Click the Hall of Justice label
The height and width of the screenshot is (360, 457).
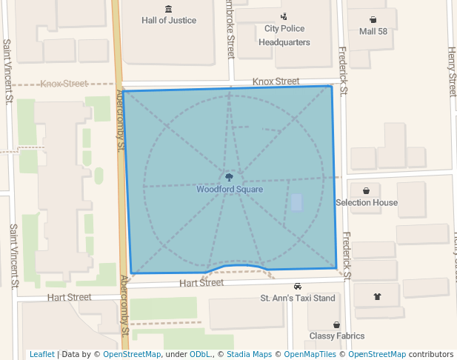coord(169,20)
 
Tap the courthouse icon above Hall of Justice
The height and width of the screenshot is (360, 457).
coord(169,9)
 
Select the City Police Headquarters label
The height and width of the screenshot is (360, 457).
coord(284,36)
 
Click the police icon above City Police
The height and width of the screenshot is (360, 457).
coord(284,17)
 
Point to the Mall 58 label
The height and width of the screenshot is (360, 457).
coord(373,31)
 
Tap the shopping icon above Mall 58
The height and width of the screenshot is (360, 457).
coord(373,20)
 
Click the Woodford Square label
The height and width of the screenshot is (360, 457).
coord(229,189)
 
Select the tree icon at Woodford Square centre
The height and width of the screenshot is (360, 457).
coord(229,178)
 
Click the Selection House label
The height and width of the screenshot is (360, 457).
coord(367,202)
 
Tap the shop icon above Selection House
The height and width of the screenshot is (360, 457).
coord(367,190)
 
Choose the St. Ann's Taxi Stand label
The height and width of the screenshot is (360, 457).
coord(297,299)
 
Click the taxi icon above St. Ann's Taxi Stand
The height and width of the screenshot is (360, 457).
coord(297,287)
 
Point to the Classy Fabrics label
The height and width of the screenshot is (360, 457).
coord(337,336)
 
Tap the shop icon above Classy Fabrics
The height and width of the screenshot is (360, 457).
coord(337,324)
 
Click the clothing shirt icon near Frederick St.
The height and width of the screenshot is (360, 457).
coord(377,296)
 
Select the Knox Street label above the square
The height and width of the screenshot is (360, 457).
coord(276,81)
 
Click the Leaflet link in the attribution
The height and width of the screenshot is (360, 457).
coord(42,354)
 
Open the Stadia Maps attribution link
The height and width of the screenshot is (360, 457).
coord(248,354)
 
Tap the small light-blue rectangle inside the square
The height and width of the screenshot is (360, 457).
coord(296,203)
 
